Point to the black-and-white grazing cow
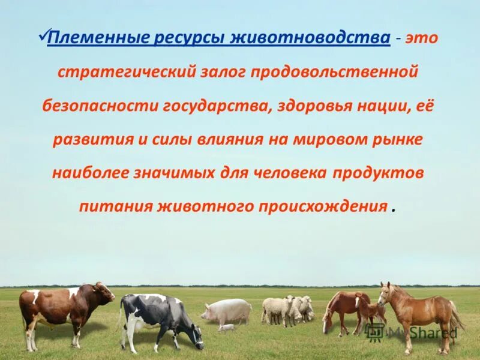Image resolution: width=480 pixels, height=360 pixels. click(159, 318)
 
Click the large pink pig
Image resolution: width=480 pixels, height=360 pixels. click(228, 311)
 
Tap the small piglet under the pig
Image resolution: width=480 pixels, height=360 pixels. click(227, 328)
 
